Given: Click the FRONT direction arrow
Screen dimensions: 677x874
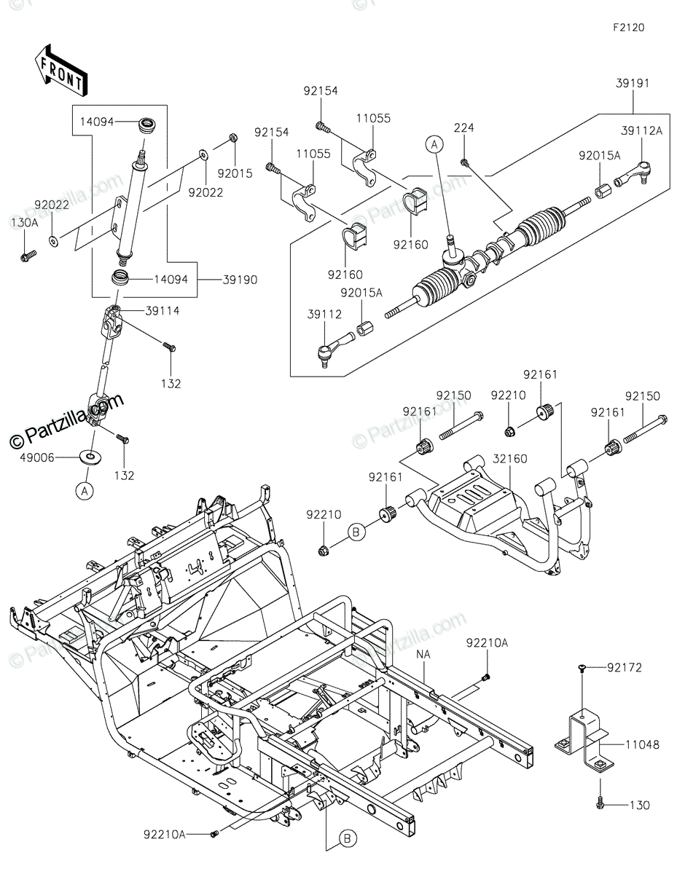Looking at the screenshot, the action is pyautogui.click(x=60, y=71).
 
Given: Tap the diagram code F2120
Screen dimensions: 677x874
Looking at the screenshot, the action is pyautogui.click(x=628, y=28).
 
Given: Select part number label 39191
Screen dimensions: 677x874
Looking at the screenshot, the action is pyautogui.click(x=633, y=84).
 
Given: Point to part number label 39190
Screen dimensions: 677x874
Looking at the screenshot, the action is pyautogui.click(x=240, y=280).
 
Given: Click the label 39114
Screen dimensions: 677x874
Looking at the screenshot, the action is pyautogui.click(x=162, y=311).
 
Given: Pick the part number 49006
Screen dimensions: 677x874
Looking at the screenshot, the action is pyautogui.click(x=37, y=457).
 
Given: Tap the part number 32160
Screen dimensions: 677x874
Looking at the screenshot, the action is pyautogui.click(x=510, y=459).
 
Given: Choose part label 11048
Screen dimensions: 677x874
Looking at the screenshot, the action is pyautogui.click(x=643, y=745).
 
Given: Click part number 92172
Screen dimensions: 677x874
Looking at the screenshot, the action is pyautogui.click(x=625, y=668).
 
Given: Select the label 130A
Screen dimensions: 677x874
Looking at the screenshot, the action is pyautogui.click(x=25, y=222).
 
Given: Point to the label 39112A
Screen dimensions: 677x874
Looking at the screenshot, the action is pyautogui.click(x=641, y=130).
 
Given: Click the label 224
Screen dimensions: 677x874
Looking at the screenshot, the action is pyautogui.click(x=464, y=128).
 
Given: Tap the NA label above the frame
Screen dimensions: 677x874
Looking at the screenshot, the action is pyautogui.click(x=423, y=655).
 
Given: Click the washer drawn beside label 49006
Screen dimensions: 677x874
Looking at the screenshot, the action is pyautogui.click(x=90, y=457).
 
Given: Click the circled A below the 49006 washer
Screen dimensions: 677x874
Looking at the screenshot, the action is pyautogui.click(x=85, y=491).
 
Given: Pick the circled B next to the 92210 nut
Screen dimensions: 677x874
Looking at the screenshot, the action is pyautogui.click(x=356, y=532).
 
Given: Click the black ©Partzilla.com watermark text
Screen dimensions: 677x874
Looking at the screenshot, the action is pyautogui.click(x=66, y=420).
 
